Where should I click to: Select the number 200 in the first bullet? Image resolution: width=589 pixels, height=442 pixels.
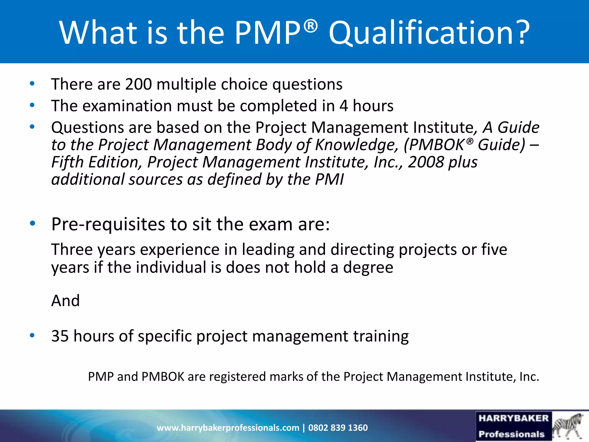138,84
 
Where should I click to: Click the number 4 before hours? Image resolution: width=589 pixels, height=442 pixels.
344,106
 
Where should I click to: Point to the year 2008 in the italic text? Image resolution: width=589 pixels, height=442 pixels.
426,162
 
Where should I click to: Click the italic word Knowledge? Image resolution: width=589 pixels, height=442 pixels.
356,144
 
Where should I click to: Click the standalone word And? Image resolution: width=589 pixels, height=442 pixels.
66,301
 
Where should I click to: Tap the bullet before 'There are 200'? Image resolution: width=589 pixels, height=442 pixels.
32,84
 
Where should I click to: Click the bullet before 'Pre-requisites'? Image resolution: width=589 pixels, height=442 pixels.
32,223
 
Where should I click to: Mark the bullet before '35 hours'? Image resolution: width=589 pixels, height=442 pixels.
32,335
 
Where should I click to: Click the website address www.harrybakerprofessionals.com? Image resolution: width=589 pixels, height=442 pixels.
228,428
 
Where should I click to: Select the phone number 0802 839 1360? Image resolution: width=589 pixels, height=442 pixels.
338,428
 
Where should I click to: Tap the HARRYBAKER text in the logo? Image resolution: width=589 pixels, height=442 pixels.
514,418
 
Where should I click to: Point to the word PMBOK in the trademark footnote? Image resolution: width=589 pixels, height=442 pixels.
163,377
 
